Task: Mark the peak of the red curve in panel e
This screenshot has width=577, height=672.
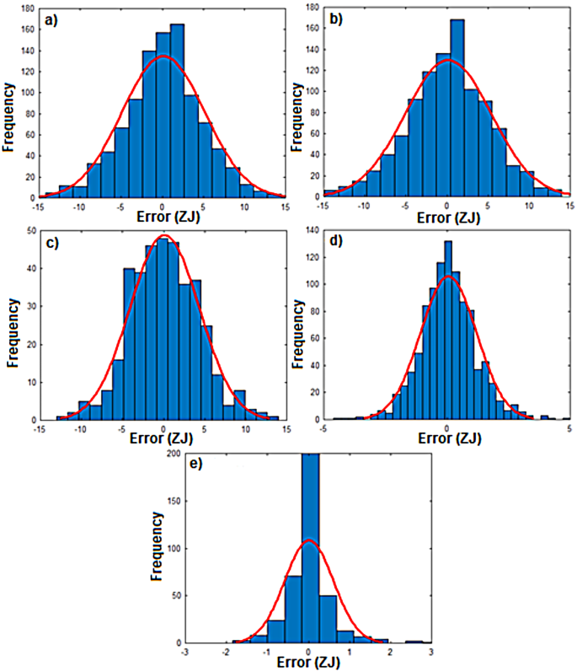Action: pyautogui.click(x=309, y=540)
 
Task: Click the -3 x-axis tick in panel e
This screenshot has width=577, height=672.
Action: pyautogui.click(x=186, y=651)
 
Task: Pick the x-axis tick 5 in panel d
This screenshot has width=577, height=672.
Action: pyautogui.click(x=570, y=428)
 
